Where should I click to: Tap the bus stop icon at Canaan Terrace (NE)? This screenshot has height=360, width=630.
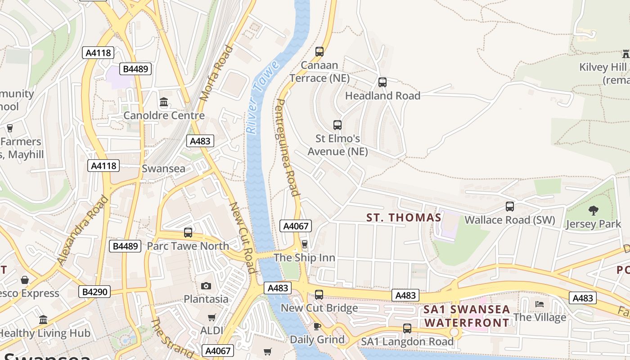tap(319, 52)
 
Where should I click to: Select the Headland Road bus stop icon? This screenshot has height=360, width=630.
tap(382, 82)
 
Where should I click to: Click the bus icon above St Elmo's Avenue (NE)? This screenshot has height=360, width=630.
tap(337, 125)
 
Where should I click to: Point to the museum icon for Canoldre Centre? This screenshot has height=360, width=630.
tap(164, 102)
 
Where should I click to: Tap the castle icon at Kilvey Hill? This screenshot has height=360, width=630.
tap(625, 54)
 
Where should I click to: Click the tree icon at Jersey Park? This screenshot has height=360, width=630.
tap(593, 210)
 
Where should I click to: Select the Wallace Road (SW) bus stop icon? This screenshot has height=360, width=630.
tap(509, 207)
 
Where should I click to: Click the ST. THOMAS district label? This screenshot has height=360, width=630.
tap(404, 218)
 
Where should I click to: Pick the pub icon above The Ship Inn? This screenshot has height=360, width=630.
tap(305, 244)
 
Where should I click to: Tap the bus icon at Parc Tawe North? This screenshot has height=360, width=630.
tap(188, 233)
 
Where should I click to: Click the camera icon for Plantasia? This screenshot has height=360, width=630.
tap(206, 286)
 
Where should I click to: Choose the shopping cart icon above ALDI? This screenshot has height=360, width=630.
tap(211, 317)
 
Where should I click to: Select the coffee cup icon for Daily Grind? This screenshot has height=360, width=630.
tap(317, 326)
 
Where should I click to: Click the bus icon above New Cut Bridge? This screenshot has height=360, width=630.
tap(319, 295)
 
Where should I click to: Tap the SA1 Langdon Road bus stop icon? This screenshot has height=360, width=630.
tap(407, 328)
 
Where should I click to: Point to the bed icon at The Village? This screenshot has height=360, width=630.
tap(539, 304)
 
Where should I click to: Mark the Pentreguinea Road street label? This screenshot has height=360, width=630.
tap(287, 148)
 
